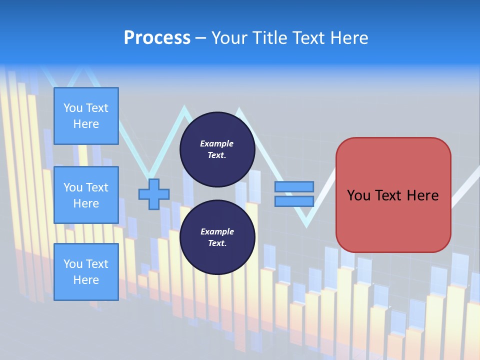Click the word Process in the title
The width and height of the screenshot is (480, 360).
tap(157, 37)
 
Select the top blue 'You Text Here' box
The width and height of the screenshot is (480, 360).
tap(86, 116)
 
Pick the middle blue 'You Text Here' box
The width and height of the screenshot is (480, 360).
tap(86, 195)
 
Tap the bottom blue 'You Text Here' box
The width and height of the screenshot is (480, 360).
tap(86, 272)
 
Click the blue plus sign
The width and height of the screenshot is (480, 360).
tap(153, 194)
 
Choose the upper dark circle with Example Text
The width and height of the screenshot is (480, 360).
tap(217, 149)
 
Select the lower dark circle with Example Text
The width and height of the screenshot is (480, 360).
tap(217, 237)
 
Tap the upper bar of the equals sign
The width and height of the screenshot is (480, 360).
tap(294, 186)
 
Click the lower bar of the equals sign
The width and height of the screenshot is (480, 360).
tap(294, 201)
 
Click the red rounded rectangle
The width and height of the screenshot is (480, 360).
tap(393, 220)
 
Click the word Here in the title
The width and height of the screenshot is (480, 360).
tap(349, 37)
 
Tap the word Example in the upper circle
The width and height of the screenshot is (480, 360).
tap(217, 143)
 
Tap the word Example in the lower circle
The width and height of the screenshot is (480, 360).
tap(217, 231)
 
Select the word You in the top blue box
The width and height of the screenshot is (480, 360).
tap(72, 108)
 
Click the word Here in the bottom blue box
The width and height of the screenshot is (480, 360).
tap(86, 280)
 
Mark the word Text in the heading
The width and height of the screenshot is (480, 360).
tap(309, 37)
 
